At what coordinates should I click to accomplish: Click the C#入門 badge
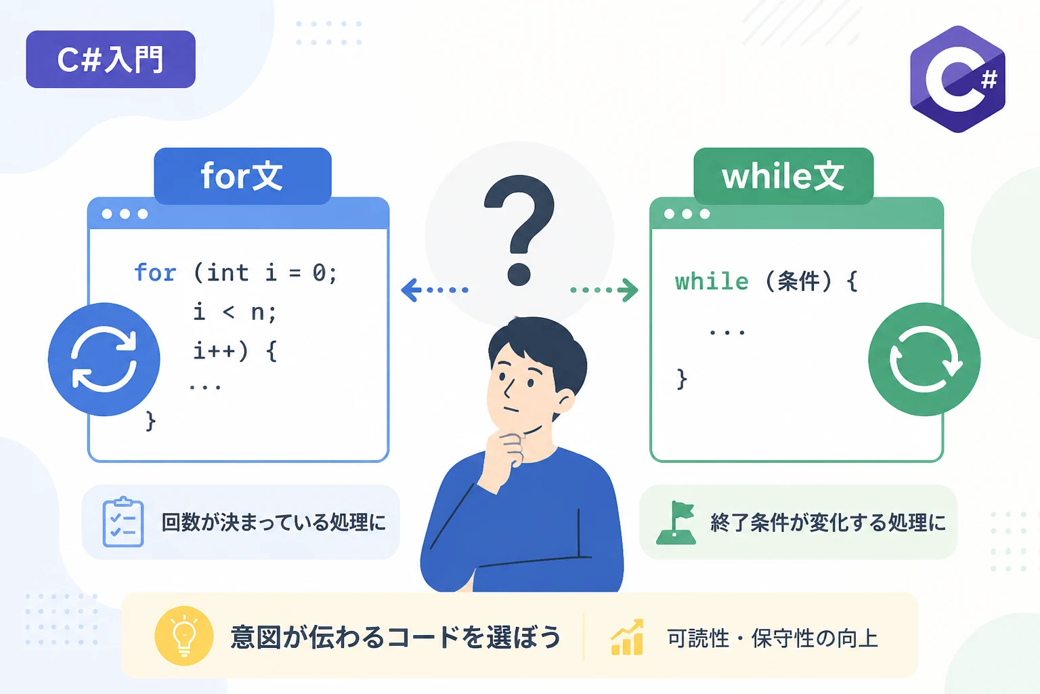(110, 59)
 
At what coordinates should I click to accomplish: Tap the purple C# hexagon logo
(957, 79)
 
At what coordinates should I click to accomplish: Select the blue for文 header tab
(242, 176)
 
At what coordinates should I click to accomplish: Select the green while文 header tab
(783, 176)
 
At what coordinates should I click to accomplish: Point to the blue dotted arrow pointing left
(435, 289)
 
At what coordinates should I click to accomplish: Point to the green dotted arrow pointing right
(604, 289)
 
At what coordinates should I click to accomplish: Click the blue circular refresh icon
(104, 359)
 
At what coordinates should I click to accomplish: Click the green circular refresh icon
(924, 359)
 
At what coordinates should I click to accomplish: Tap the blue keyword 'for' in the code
(155, 272)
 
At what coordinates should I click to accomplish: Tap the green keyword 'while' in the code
(712, 281)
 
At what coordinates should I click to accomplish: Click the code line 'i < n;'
(234, 312)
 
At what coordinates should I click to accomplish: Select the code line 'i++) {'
(235, 351)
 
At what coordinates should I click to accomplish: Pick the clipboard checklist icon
(123, 522)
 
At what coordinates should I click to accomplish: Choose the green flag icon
(676, 523)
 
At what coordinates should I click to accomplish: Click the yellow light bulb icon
(184, 636)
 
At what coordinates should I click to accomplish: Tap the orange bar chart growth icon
(627, 637)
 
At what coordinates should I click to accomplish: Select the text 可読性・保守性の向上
(773, 638)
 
